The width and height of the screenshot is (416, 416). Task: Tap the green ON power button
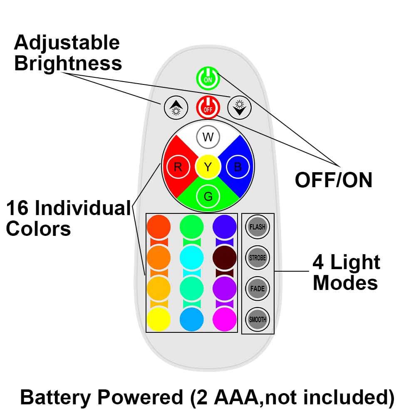208,78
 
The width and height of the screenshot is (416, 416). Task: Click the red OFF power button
208,107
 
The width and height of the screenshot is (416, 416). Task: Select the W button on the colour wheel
208,137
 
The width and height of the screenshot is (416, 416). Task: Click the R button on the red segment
178,167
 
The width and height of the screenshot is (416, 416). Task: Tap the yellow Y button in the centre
208,167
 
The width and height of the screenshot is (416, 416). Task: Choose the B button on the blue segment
238,167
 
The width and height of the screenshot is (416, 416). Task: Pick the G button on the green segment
208,196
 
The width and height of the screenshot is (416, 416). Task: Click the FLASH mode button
258,227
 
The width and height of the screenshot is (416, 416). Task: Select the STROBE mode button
258,258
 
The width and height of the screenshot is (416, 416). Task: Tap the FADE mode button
258,289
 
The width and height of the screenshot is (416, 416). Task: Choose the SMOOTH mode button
258,319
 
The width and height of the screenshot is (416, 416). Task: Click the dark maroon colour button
225,258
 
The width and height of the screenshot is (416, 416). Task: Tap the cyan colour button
191,258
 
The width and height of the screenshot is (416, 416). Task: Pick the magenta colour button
225,319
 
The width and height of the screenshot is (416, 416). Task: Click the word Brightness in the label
68,63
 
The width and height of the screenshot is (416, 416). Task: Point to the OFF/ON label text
334,180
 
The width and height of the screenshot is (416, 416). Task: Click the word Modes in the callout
345,283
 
